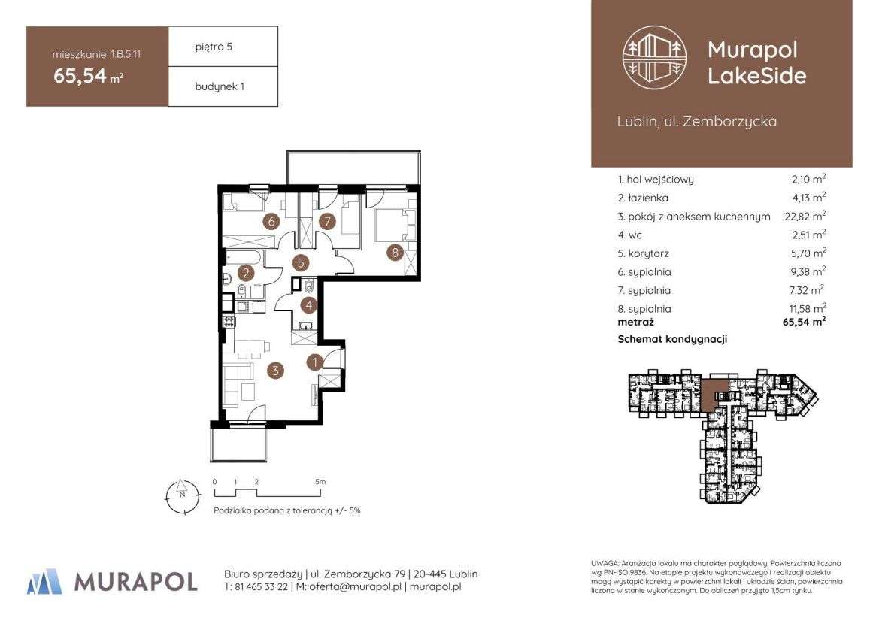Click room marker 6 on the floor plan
pos(269,221)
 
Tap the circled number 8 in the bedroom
pos(396,253)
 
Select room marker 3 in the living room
pos(277,370)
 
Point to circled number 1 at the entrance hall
pos(315,362)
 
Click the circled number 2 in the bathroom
pos(245,274)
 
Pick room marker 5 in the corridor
pos(301,263)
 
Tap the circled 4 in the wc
pos(308,305)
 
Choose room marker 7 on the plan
pos(326,221)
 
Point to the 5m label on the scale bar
pos(320,481)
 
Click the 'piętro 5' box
pos(223,47)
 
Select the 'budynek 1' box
pos(223,86)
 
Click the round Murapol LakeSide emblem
pos(655,59)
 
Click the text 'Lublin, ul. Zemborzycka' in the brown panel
pos(696,121)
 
